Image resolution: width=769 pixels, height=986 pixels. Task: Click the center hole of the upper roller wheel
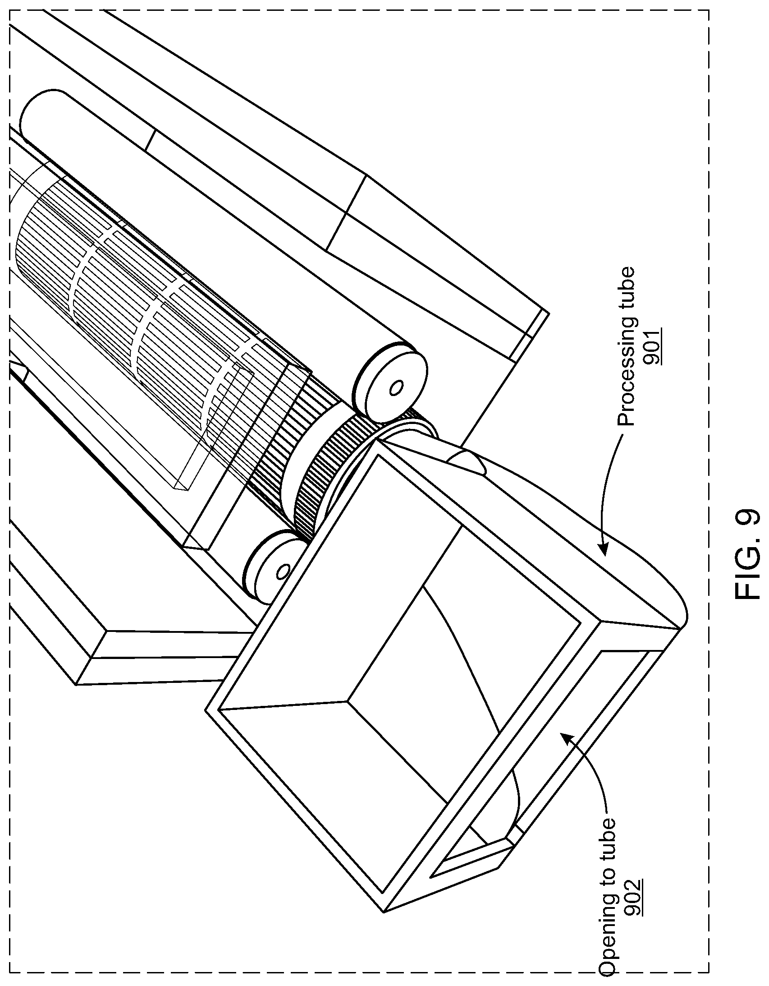396,388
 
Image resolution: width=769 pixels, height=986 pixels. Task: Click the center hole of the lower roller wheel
284,571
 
